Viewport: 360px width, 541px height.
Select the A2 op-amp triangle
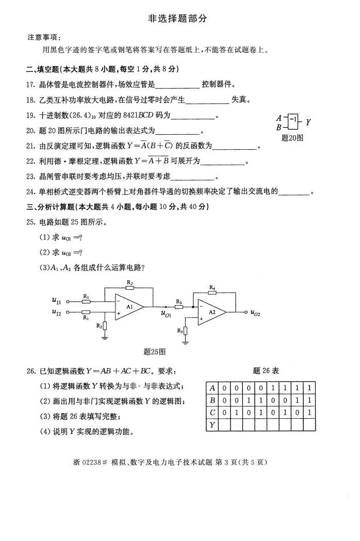point(211,312)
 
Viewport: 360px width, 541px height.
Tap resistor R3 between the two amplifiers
point(178,307)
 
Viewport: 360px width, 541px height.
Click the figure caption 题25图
point(154,352)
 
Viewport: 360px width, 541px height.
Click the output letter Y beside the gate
point(308,122)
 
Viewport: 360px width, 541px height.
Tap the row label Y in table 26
point(212,425)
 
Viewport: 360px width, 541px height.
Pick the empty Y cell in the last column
point(309,425)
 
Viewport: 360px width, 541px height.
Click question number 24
point(30,192)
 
